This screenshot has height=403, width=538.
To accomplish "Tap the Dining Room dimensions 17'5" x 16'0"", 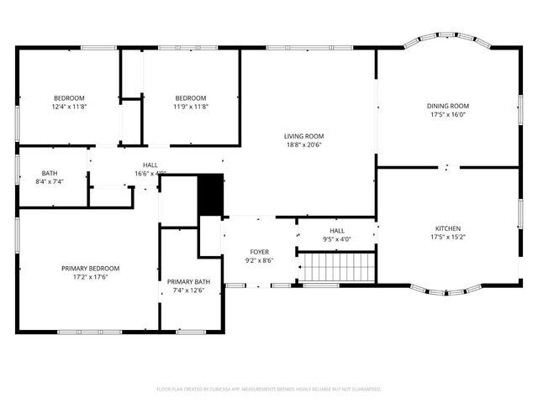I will pos(447,114).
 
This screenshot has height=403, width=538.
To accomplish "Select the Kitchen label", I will pos(447,228).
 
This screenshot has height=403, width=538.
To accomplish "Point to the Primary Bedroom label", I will pos(90,269).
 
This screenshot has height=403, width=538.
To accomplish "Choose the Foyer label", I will pos(259,252).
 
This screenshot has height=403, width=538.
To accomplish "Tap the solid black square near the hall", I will pos(210,195).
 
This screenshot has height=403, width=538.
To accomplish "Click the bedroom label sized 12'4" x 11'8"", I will pos(70,98).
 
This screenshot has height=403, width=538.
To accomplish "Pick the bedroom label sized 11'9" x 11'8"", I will pos(191,98).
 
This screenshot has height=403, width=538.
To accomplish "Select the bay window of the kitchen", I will pos(446,293).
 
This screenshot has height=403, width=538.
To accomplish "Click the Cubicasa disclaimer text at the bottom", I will pos(269,390).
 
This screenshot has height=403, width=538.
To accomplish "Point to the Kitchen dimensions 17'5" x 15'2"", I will pos(447,237).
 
